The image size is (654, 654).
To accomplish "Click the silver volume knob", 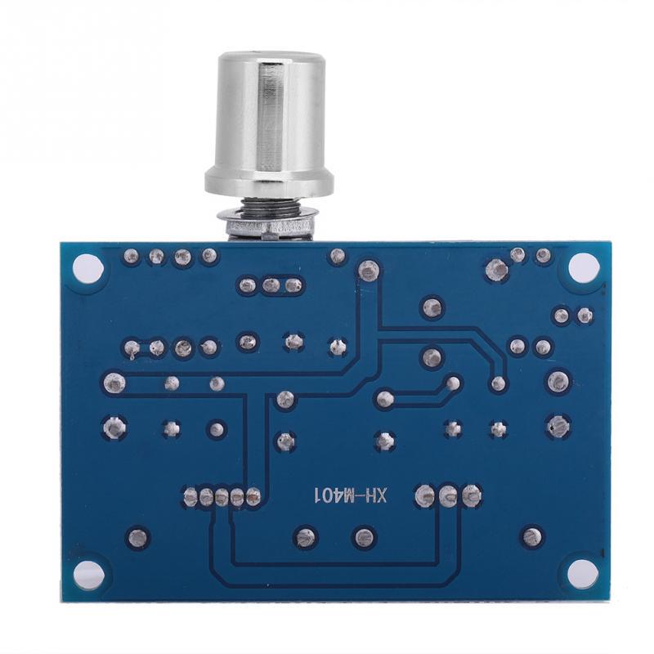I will tap(268, 123).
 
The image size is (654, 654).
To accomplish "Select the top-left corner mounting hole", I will tap(84, 266).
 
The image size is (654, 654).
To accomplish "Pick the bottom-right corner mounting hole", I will tap(583, 572).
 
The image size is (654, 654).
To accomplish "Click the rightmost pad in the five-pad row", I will tap(253, 495).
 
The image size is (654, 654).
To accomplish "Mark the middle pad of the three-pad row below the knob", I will tap(271, 285).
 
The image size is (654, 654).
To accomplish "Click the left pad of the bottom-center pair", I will tap(305, 537).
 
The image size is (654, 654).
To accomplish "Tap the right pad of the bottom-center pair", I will tap(361, 537).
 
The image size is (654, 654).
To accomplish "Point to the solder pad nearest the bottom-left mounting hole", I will tap(137, 537).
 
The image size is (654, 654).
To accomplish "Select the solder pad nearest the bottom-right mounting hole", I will tap(532, 537).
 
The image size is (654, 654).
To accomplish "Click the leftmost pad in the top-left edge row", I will tap(130, 257).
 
